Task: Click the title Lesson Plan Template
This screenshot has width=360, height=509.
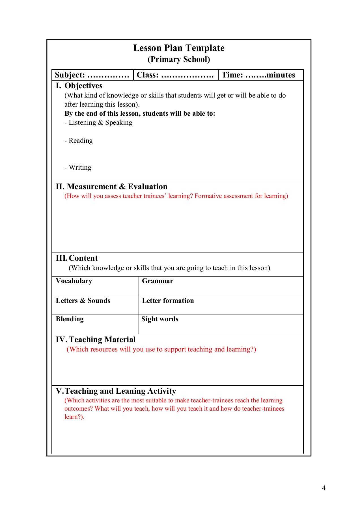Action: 179,48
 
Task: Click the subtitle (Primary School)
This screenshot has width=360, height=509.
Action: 179,59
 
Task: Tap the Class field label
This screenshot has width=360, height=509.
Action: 148,75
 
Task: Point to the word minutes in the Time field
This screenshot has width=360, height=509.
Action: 281,75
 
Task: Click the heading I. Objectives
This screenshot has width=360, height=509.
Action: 79,86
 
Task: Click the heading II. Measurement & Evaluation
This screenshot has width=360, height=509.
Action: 111,187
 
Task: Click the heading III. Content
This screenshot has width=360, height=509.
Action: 77,258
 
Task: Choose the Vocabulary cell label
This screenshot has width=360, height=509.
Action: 74,281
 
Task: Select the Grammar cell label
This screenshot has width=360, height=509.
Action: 158,281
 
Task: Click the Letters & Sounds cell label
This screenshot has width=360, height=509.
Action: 83,301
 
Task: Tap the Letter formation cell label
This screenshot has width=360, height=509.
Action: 168,301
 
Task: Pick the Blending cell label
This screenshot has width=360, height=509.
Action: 70,319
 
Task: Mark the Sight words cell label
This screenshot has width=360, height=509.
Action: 160,319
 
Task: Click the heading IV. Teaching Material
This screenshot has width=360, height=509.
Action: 96,340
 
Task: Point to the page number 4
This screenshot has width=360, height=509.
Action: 324,488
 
